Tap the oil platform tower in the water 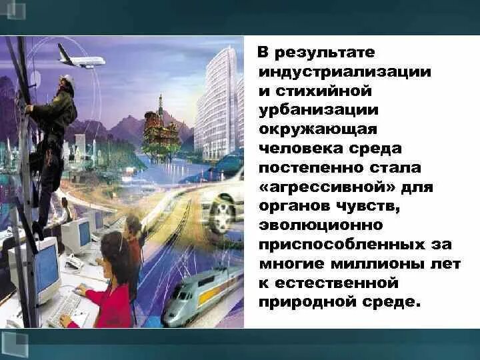coord(161,127)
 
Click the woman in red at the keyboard coord(109,287)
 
